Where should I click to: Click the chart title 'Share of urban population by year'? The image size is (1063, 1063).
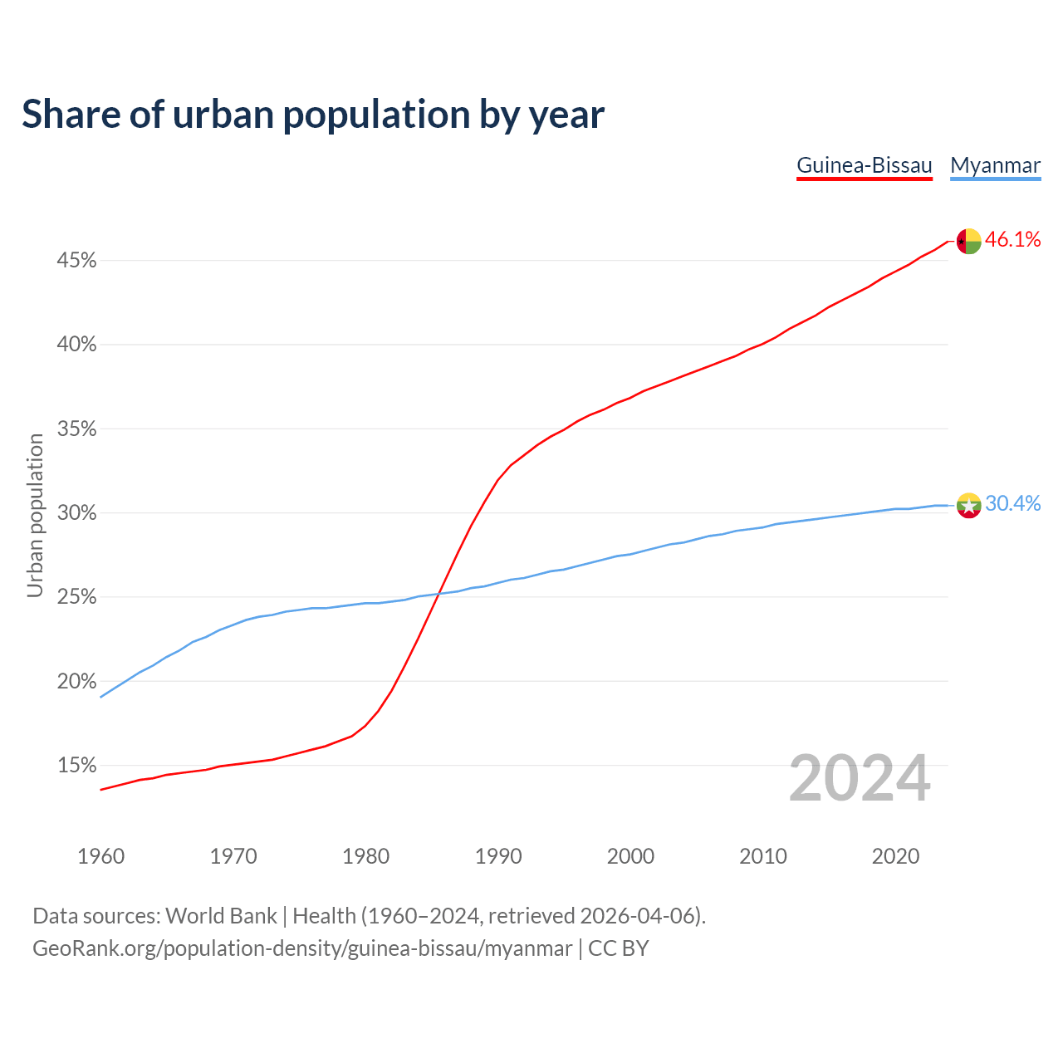(313, 115)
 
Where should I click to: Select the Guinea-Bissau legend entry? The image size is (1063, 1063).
(865, 165)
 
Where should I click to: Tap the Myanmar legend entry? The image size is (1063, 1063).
(995, 165)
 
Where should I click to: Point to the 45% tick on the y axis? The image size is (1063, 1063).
(76, 261)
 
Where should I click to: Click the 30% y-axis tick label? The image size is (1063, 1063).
(76, 513)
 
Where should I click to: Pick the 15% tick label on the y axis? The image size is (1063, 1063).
(76, 765)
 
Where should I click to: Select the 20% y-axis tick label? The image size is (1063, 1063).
(76, 681)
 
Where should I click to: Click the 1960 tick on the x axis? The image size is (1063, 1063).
(100, 856)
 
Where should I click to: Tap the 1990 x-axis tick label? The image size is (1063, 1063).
(498, 856)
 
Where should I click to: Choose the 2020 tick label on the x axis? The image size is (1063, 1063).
(895, 856)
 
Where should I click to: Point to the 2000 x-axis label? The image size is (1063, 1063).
(630, 856)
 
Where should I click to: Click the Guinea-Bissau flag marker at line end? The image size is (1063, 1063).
(968, 241)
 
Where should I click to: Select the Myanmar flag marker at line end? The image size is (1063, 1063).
(968, 505)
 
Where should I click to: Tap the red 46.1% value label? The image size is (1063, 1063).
(1012, 240)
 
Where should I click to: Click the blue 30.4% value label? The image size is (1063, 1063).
(1012, 504)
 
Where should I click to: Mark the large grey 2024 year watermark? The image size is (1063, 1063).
(860, 779)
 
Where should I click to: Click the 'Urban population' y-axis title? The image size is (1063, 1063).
(35, 515)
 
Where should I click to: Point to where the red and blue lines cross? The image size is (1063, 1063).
(438, 593)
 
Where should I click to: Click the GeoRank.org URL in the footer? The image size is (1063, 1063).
(302, 948)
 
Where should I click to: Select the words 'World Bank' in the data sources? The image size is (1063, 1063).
(221, 916)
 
